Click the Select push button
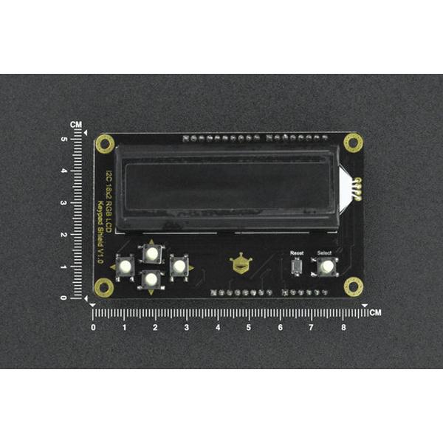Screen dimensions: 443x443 (x=325, y=267)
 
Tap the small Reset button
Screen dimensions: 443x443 (x=296, y=267)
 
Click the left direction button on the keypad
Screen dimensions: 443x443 (x=125, y=267)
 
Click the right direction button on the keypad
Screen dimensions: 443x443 (x=178, y=266)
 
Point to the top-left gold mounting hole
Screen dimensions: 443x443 (x=104, y=142)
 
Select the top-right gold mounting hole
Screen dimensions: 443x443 (x=353, y=142)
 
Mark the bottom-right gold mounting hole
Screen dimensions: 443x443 (x=353, y=286)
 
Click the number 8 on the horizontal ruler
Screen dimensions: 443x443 (x=343, y=326)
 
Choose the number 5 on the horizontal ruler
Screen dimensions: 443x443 (x=249, y=326)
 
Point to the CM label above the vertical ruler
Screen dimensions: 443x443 (x=77, y=126)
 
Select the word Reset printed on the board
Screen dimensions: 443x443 (x=296, y=253)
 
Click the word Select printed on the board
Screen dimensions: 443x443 (x=325, y=253)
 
